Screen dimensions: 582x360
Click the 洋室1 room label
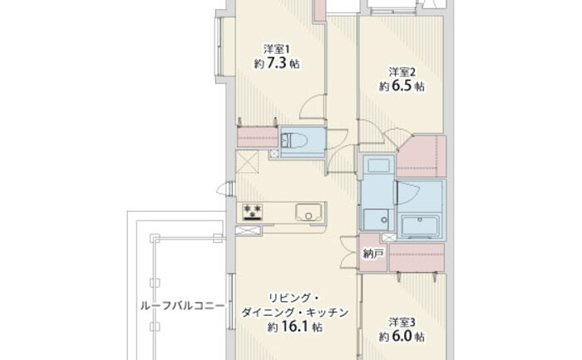tap(277, 49)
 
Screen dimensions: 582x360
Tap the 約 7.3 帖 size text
tap(277, 63)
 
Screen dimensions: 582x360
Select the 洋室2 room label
tap(402, 72)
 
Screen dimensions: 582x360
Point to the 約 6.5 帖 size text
tap(402, 86)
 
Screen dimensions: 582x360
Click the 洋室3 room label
tap(402, 322)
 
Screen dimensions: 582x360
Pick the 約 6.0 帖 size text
tap(402, 337)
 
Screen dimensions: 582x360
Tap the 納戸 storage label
tap(372, 254)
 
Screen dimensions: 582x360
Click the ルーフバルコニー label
tap(183, 306)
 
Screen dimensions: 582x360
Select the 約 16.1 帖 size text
tap(294, 327)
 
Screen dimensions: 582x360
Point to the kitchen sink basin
tap(308, 212)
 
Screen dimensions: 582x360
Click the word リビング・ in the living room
tap(294, 298)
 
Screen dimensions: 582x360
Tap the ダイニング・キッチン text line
tap(295, 313)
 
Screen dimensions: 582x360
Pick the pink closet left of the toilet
tap(257, 137)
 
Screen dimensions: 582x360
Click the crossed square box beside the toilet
tap(274, 154)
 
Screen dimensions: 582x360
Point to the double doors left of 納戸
tap(349, 252)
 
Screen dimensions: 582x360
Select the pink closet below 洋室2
tap(422, 156)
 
